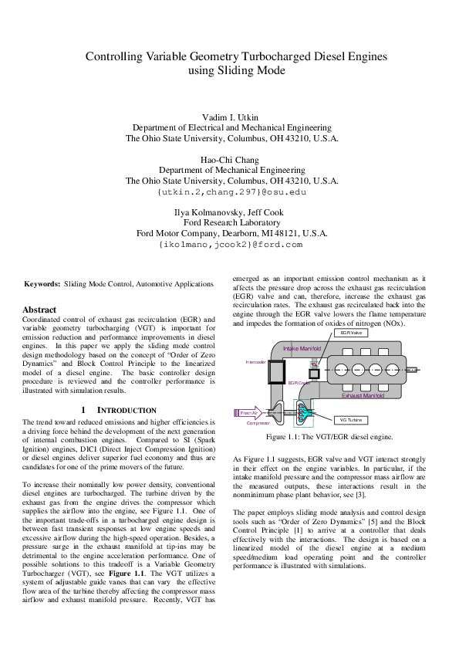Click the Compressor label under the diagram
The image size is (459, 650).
pos(258,423)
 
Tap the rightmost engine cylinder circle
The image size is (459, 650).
pos(396,368)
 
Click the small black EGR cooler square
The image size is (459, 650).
pos(313,374)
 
